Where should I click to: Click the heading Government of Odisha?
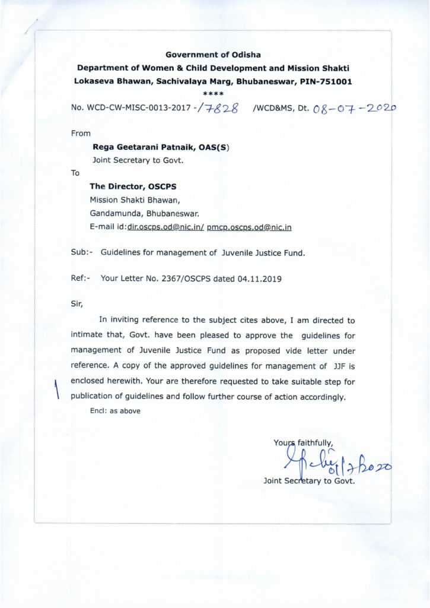[x=213, y=55]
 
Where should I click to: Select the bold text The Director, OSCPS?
[x=133, y=186]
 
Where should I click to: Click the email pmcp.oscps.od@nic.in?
[x=249, y=227]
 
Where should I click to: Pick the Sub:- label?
[x=81, y=253]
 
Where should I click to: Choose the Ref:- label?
[x=81, y=278]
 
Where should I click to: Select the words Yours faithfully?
[x=304, y=442]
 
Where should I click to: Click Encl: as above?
[x=115, y=411]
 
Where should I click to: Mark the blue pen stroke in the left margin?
[x=58, y=391]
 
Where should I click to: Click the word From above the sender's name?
[x=81, y=134]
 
